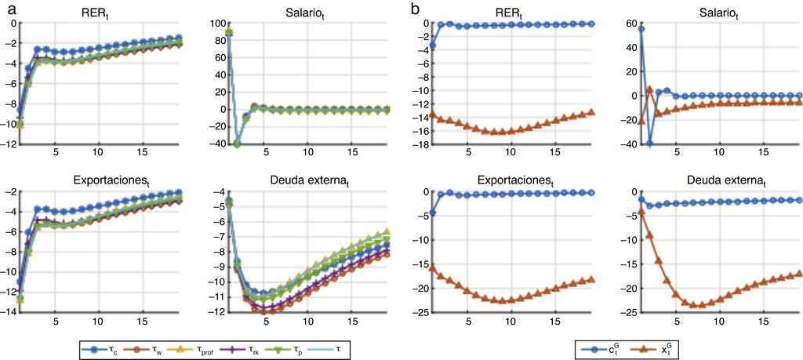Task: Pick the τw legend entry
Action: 141,346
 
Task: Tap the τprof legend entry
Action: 189,346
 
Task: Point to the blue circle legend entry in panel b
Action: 598,346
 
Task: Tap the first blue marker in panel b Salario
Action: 641,29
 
